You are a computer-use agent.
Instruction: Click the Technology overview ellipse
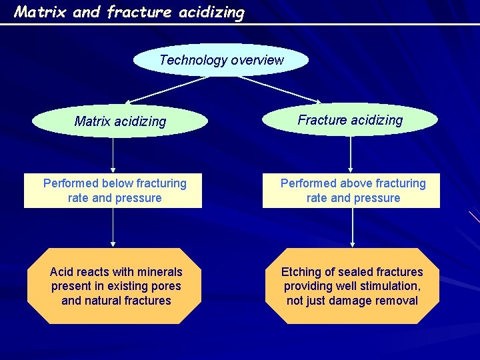coord(221,60)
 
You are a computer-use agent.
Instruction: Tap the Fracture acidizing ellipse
coord(350,120)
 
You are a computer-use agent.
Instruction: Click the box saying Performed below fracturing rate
coord(113,191)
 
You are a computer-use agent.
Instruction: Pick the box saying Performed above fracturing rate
coord(351,191)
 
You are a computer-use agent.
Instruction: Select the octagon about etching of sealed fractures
coord(351,286)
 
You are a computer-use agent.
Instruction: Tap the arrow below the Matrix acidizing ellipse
coord(113,155)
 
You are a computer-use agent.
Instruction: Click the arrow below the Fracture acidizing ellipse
coord(351,155)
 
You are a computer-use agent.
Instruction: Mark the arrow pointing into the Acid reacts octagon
coord(113,228)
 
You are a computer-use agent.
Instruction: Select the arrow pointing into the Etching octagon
coord(352,228)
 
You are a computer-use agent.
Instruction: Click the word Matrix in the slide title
coord(40,11)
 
